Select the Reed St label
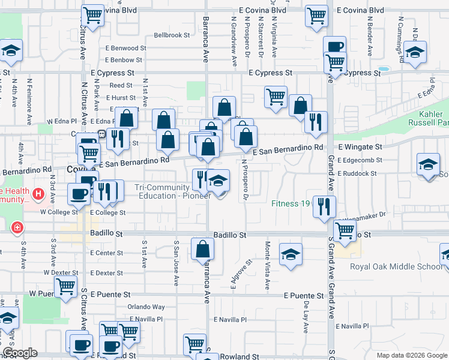coord(121,86)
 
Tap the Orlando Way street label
coord(146,307)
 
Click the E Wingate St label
coord(360,146)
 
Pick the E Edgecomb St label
coord(360,160)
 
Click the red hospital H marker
coord(38,194)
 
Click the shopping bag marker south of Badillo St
coord(203,249)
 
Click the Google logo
coord(20,353)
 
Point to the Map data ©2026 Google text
coord(412,355)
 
